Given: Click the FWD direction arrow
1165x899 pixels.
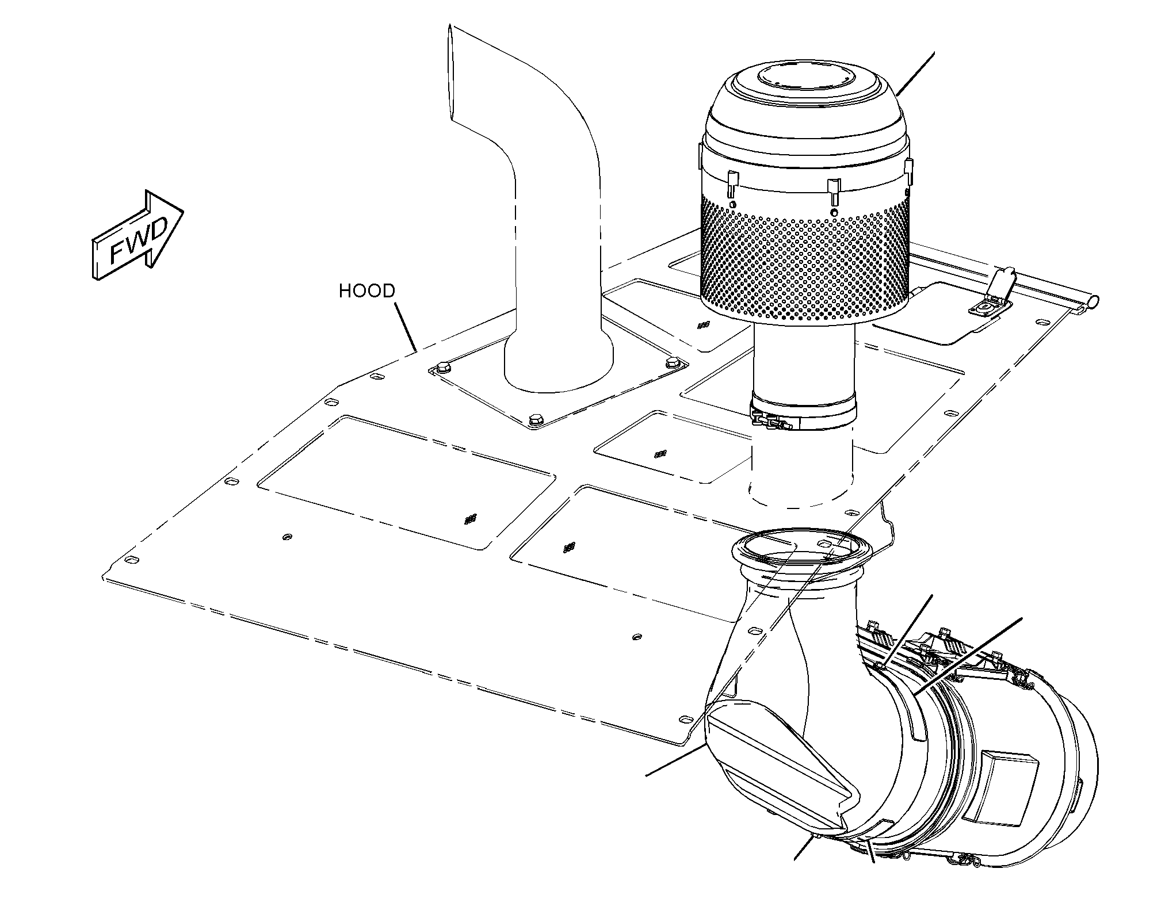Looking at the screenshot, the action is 137,235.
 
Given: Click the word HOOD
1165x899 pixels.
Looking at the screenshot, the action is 367,291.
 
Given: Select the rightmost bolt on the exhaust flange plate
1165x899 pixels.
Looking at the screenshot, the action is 672,363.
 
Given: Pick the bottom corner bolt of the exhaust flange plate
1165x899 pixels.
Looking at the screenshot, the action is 536,419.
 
